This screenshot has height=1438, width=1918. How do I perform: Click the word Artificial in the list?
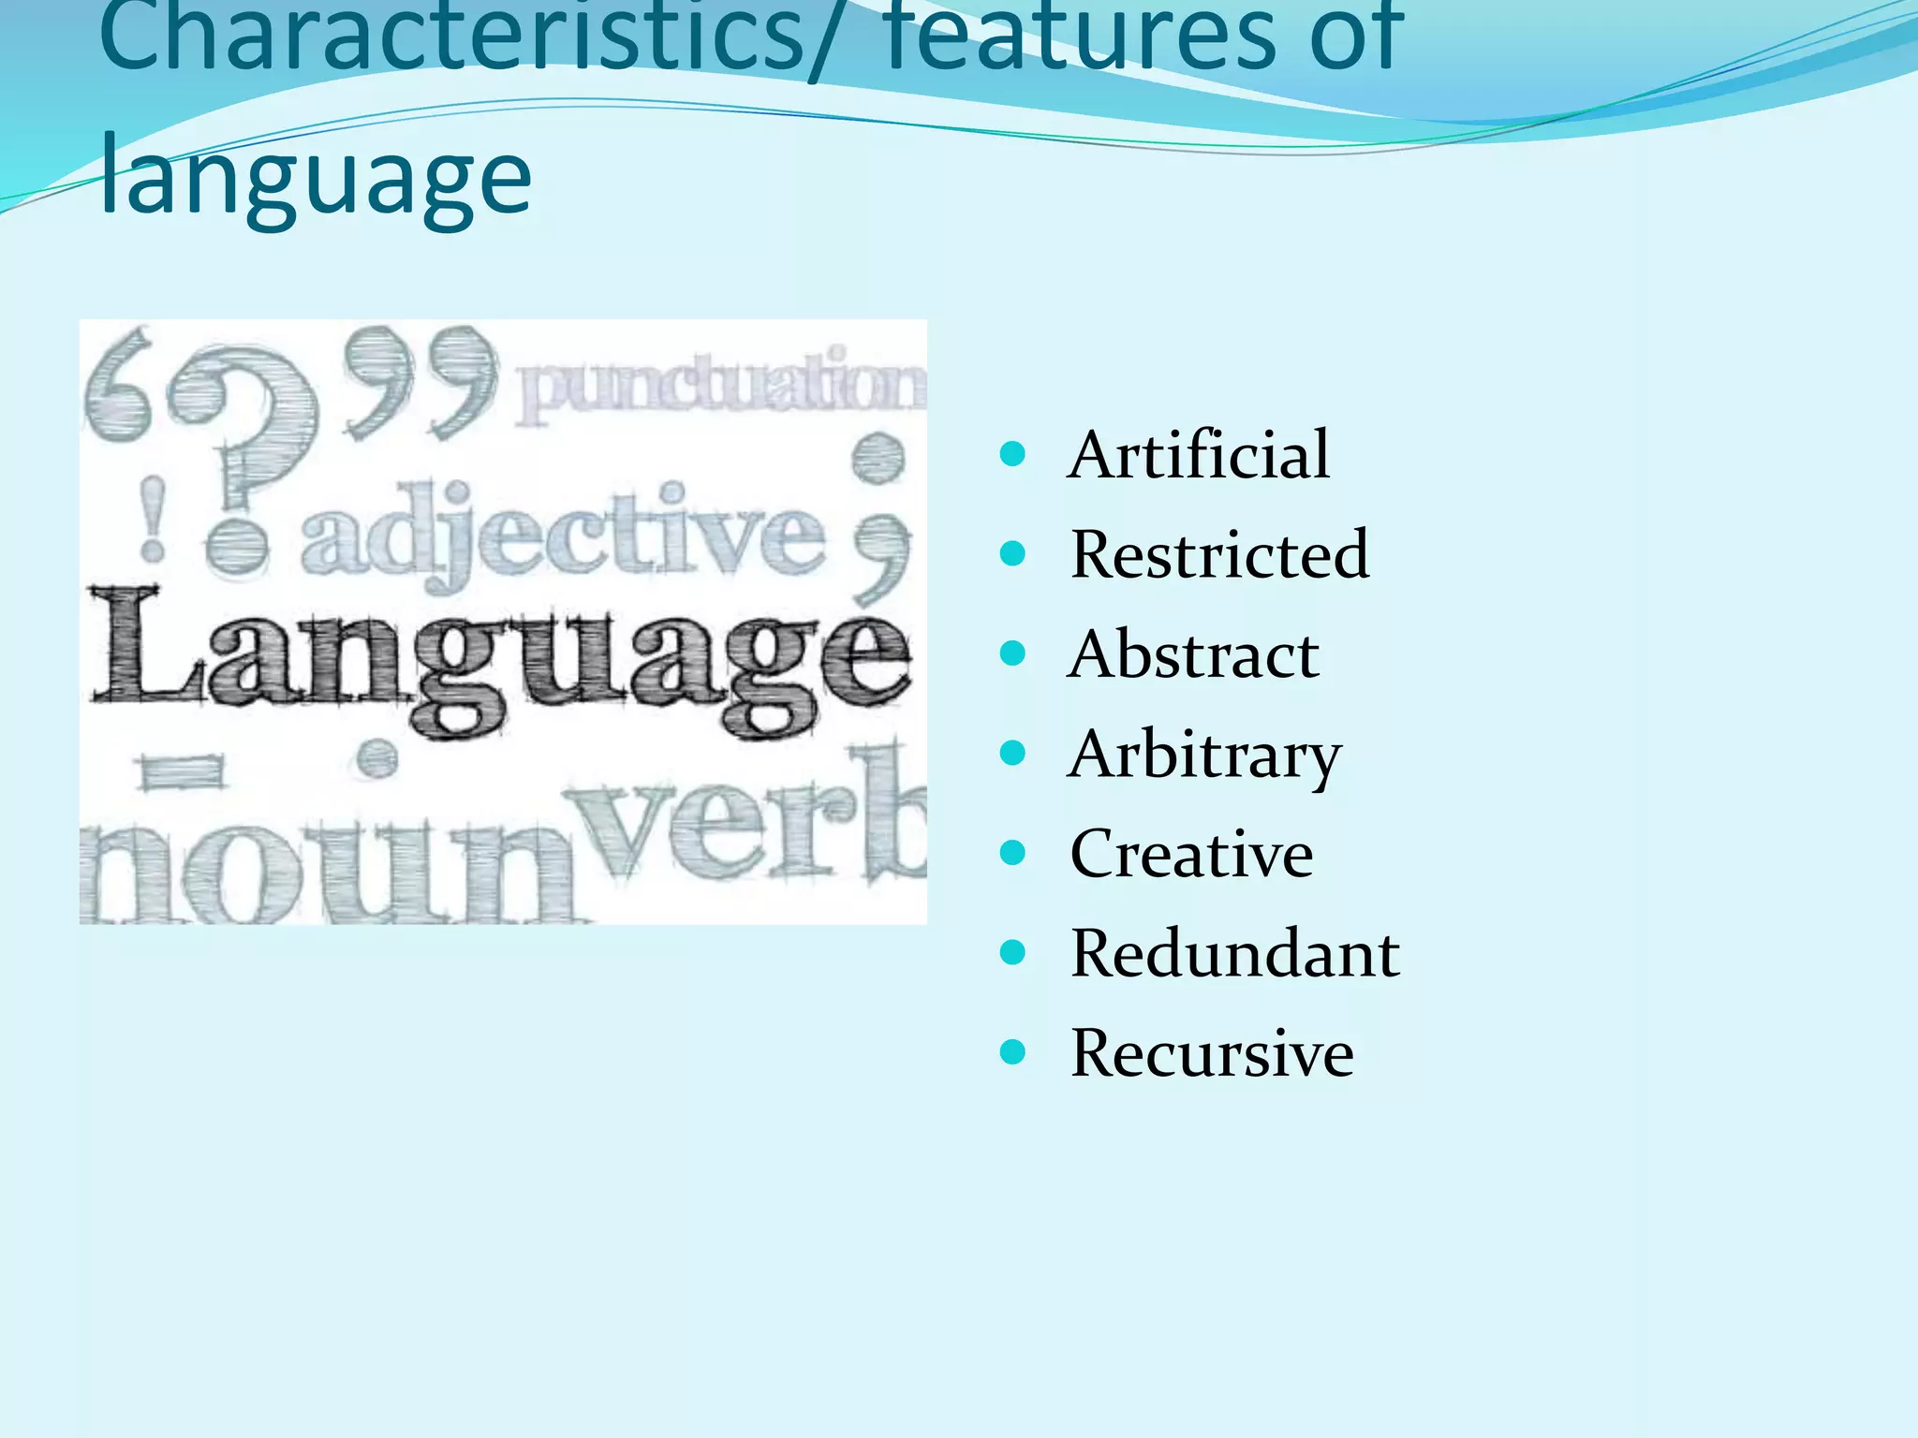pos(1198,455)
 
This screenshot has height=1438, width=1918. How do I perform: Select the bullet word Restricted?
pos(1219,554)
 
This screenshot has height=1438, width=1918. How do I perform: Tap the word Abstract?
pos(1193,654)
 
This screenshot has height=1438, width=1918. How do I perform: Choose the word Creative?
pos(1191,854)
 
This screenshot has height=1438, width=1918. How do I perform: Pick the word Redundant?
pos(1234,954)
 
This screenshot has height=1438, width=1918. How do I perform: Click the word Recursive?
pos(1212,1053)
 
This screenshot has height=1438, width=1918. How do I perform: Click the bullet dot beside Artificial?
pos(1012,456)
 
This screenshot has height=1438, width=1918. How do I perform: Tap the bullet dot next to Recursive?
pos(1012,1053)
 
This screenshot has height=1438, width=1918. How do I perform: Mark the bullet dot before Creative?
pos(1012,854)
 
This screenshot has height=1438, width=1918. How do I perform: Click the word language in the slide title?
pos(315,178)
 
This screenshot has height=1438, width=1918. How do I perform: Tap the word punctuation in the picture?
pos(721,386)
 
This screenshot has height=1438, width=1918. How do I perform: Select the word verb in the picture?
pos(749,819)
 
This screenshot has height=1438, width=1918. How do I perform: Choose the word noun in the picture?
pos(328,871)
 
